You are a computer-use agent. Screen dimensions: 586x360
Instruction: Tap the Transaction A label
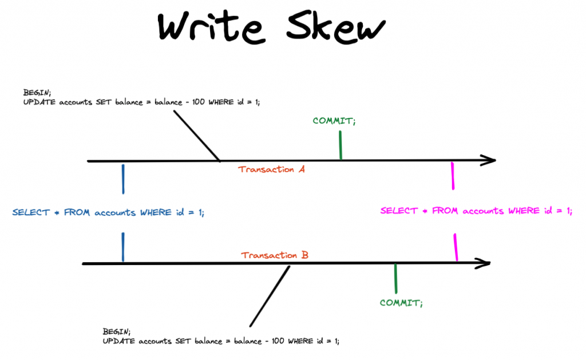click(272, 169)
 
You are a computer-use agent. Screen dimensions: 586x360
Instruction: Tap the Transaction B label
click(275, 255)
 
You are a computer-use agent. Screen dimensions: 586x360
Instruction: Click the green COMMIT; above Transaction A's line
click(334, 121)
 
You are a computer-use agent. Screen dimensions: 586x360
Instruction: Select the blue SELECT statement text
click(108, 212)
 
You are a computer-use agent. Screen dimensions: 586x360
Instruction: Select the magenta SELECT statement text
click(476, 211)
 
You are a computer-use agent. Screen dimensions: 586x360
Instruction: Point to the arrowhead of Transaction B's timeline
click(484, 263)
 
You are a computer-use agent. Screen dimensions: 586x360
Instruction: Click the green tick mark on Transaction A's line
click(340, 145)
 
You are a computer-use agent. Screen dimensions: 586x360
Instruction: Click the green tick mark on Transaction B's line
click(395, 279)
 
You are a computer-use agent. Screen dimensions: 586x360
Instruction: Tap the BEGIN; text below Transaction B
click(116, 331)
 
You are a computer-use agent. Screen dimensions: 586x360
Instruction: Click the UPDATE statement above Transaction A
click(141, 101)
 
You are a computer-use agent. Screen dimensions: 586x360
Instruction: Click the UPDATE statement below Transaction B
click(221, 341)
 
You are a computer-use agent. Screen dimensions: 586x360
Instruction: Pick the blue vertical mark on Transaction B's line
click(123, 247)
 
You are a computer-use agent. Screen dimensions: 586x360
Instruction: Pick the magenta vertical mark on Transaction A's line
click(453, 176)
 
